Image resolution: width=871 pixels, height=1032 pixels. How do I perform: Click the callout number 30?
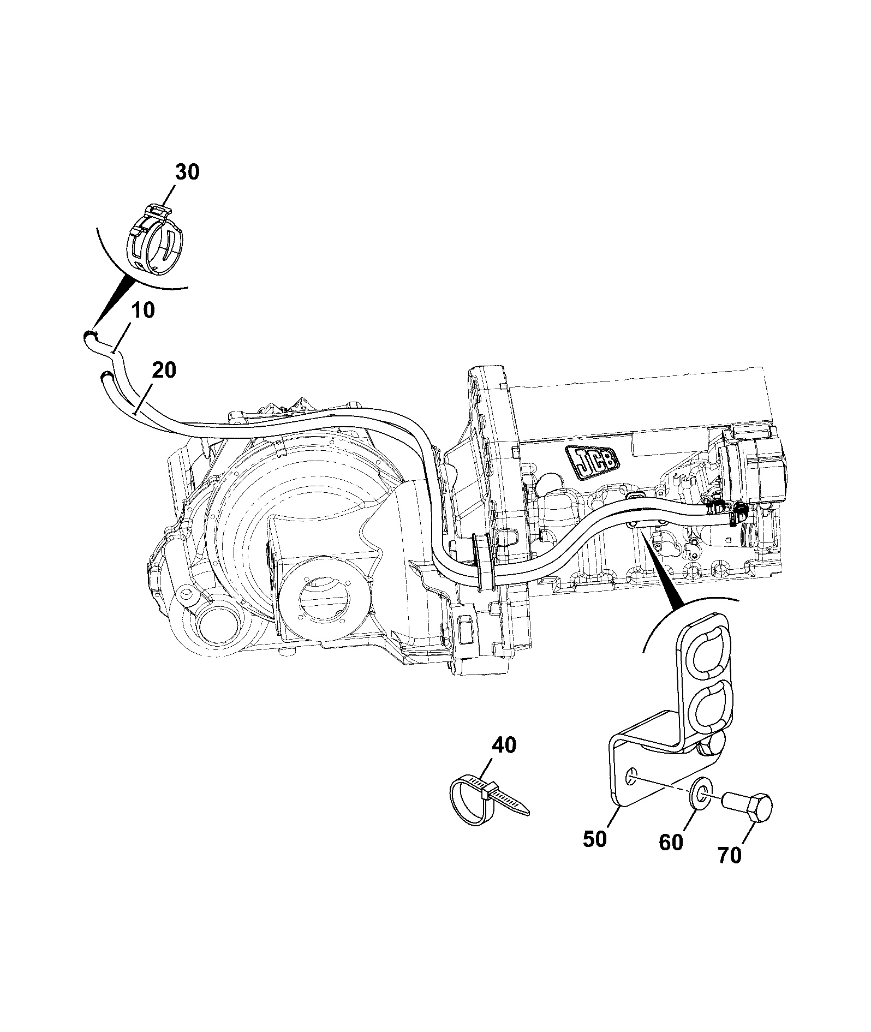pyautogui.click(x=187, y=172)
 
